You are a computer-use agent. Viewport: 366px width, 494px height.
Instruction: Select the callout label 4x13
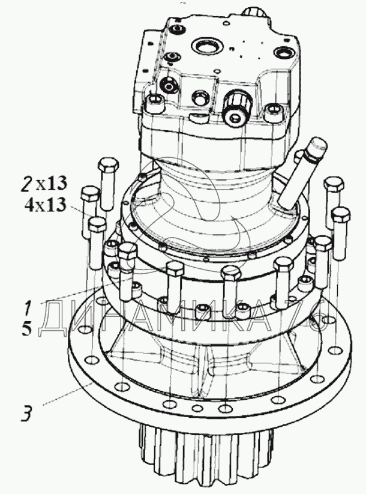[x=46, y=205]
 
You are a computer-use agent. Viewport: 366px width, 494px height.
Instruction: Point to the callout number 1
[x=28, y=308]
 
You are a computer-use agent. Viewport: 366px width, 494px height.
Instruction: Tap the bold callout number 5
[x=27, y=328]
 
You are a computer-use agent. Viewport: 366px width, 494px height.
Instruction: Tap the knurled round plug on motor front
[x=237, y=106]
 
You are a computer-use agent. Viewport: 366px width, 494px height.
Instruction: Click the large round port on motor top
[x=206, y=47]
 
